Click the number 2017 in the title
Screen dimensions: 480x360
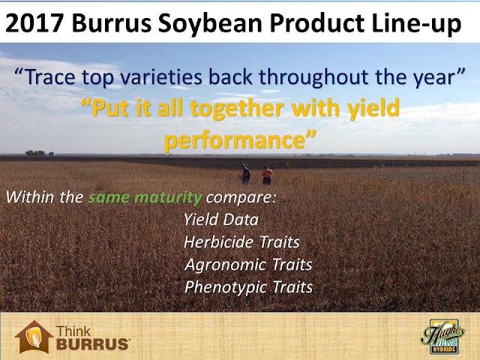tap(34, 23)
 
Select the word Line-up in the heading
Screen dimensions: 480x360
tap(417, 24)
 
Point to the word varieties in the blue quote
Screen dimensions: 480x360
tap(161, 76)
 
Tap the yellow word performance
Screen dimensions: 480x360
tap(236, 139)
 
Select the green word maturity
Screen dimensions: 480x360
tap(168, 197)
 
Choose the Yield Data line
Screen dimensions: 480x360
tap(221, 220)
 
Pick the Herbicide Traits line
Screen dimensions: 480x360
tap(241, 242)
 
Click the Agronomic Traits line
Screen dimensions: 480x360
tap(248, 265)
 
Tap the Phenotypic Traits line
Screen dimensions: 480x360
tap(248, 287)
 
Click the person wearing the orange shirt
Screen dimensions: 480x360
tap(267, 175)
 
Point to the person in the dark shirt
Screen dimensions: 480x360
tap(245, 174)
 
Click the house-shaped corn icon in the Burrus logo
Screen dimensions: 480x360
tap(34, 337)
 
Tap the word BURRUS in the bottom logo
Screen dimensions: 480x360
tap(93, 344)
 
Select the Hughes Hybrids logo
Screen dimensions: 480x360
tap(443, 337)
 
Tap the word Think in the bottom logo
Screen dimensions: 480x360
tap(73, 331)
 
